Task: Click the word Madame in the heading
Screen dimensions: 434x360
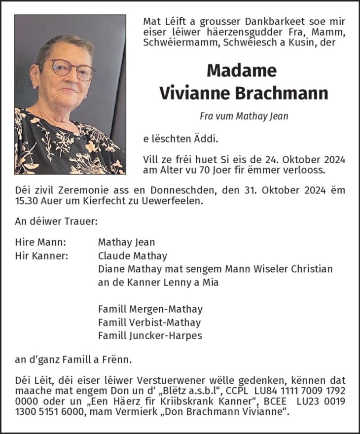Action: click(241, 71)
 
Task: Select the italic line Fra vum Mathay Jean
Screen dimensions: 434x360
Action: click(244, 116)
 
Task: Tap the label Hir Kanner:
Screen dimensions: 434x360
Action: click(42, 256)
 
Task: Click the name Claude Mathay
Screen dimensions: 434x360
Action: click(132, 256)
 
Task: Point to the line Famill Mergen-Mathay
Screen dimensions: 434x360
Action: click(150, 309)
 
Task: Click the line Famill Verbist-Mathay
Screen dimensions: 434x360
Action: click(149, 323)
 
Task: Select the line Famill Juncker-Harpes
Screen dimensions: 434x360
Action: click(150, 336)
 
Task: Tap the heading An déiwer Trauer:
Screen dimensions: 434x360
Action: click(56, 221)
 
